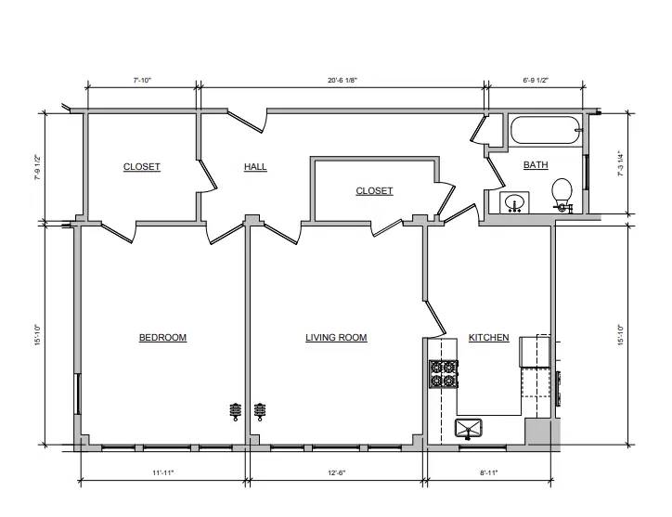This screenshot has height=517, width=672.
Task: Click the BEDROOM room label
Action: click(162, 337)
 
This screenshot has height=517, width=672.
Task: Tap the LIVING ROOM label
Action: click(336, 337)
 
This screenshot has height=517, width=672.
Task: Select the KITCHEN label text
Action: click(488, 337)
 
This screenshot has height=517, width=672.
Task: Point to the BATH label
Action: click(536, 164)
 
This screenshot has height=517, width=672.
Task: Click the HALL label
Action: click(255, 167)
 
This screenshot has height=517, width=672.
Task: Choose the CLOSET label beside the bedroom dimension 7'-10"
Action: click(141, 167)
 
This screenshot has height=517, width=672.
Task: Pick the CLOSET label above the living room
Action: click(374, 191)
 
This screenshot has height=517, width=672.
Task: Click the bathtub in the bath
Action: click(546, 130)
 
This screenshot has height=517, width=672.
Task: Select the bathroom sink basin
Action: click(514, 202)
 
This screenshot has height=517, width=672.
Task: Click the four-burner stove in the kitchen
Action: click(444, 374)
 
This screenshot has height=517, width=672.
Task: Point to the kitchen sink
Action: click(469, 429)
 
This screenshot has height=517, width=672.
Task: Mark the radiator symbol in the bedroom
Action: click(235, 411)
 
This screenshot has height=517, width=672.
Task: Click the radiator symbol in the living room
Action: click(259, 411)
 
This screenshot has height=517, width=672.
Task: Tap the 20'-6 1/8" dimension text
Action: click(342, 80)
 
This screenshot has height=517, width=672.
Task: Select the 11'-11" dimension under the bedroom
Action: click(162, 472)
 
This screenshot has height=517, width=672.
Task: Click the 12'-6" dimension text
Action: click(336, 472)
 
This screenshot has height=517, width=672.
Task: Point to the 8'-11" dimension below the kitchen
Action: click(488, 472)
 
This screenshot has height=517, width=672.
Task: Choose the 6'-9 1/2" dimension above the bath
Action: click(536, 80)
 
